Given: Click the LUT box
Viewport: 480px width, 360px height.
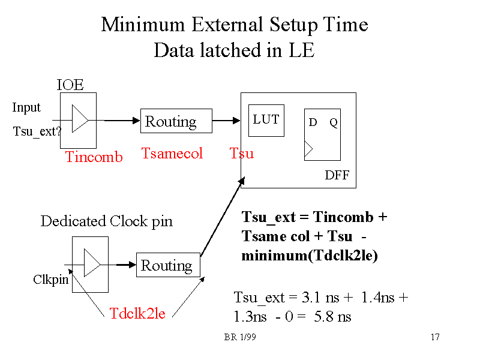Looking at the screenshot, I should [x=266, y=120].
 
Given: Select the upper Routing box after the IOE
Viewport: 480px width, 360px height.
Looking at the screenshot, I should [x=176, y=121].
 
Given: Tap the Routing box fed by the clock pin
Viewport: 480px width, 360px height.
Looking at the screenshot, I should [x=168, y=265].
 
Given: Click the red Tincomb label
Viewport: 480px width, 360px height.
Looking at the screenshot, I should [x=94, y=157].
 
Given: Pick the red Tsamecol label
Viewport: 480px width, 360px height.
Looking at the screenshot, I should [x=172, y=154].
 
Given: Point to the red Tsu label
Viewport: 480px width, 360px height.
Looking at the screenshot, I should [x=242, y=154].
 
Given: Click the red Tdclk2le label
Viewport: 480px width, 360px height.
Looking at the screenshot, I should [x=137, y=313].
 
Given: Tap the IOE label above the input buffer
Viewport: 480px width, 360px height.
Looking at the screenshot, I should [x=70, y=85].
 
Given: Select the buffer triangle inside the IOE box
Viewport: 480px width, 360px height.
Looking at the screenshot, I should [x=80, y=119].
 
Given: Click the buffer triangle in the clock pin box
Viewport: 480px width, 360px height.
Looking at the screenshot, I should [x=92, y=264].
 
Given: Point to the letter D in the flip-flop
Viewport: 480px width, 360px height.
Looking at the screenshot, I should [x=313, y=123].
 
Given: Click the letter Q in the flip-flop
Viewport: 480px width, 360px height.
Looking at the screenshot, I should [x=334, y=123].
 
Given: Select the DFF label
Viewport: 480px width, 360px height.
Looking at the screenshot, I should [x=337, y=176].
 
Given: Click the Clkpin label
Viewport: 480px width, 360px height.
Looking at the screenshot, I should [x=50, y=280].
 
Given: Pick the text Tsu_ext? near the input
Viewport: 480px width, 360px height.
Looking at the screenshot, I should [x=37, y=131].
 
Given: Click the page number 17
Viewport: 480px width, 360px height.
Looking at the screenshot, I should [x=435, y=337].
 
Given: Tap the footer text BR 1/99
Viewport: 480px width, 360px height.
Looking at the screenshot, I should [x=241, y=337].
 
